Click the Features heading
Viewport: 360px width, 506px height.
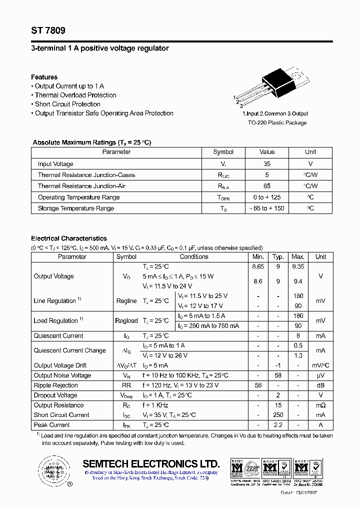coord(44,77)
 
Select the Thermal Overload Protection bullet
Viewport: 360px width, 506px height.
coord(75,95)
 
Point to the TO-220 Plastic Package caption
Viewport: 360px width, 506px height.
coord(277,122)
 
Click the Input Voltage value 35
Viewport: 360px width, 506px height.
coord(267,164)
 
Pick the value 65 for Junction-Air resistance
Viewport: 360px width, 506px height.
coord(267,186)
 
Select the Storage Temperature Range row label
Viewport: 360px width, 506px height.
coord(76,208)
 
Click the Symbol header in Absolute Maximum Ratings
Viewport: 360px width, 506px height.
coord(223,152)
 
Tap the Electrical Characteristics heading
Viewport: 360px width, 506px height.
coord(69,238)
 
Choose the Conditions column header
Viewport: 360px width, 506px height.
coord(194,256)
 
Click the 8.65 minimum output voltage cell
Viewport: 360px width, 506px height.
coord(258,267)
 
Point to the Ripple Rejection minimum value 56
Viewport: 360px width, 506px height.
coord(258,385)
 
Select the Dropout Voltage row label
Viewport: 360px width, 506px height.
coord(55,395)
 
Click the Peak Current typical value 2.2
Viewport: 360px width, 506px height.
coord(278,425)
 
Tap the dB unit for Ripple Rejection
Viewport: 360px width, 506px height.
coord(320,385)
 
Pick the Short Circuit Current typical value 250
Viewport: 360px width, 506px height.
coord(278,415)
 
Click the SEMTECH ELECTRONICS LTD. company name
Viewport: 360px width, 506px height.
coord(151,463)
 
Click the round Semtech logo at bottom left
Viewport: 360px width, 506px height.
coord(51,470)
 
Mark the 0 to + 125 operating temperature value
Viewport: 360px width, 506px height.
coord(267,197)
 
